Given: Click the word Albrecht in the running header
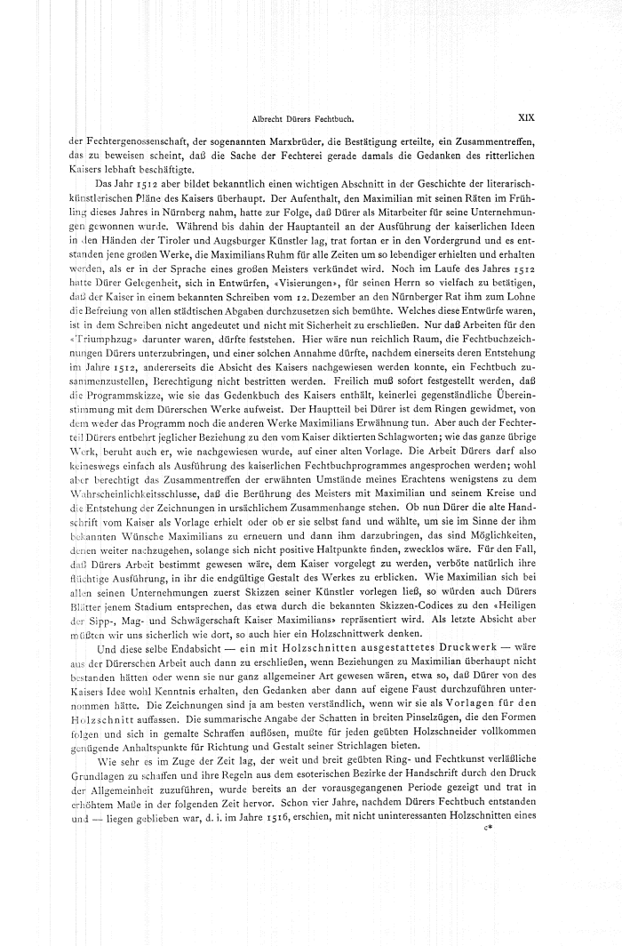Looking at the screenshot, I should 268,116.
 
